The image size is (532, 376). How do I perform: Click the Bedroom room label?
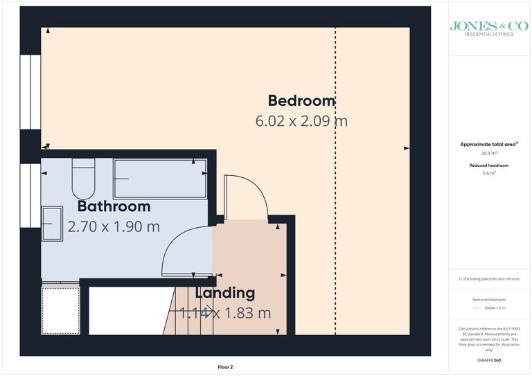[x=301, y=101]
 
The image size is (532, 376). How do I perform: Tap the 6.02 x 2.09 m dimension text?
[x=301, y=121]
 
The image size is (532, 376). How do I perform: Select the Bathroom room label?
[x=114, y=206]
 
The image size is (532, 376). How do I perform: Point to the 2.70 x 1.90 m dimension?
[x=114, y=226]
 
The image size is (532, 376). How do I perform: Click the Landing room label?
[x=224, y=293]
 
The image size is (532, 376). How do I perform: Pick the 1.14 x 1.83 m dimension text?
[x=225, y=313]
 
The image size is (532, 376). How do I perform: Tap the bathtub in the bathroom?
[x=159, y=179]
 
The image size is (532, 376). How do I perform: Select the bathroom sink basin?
[x=52, y=224]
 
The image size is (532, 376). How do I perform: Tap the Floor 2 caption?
[x=225, y=367]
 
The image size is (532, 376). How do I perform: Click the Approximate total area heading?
[x=489, y=144]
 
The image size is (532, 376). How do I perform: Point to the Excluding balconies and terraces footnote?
[x=489, y=279]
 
